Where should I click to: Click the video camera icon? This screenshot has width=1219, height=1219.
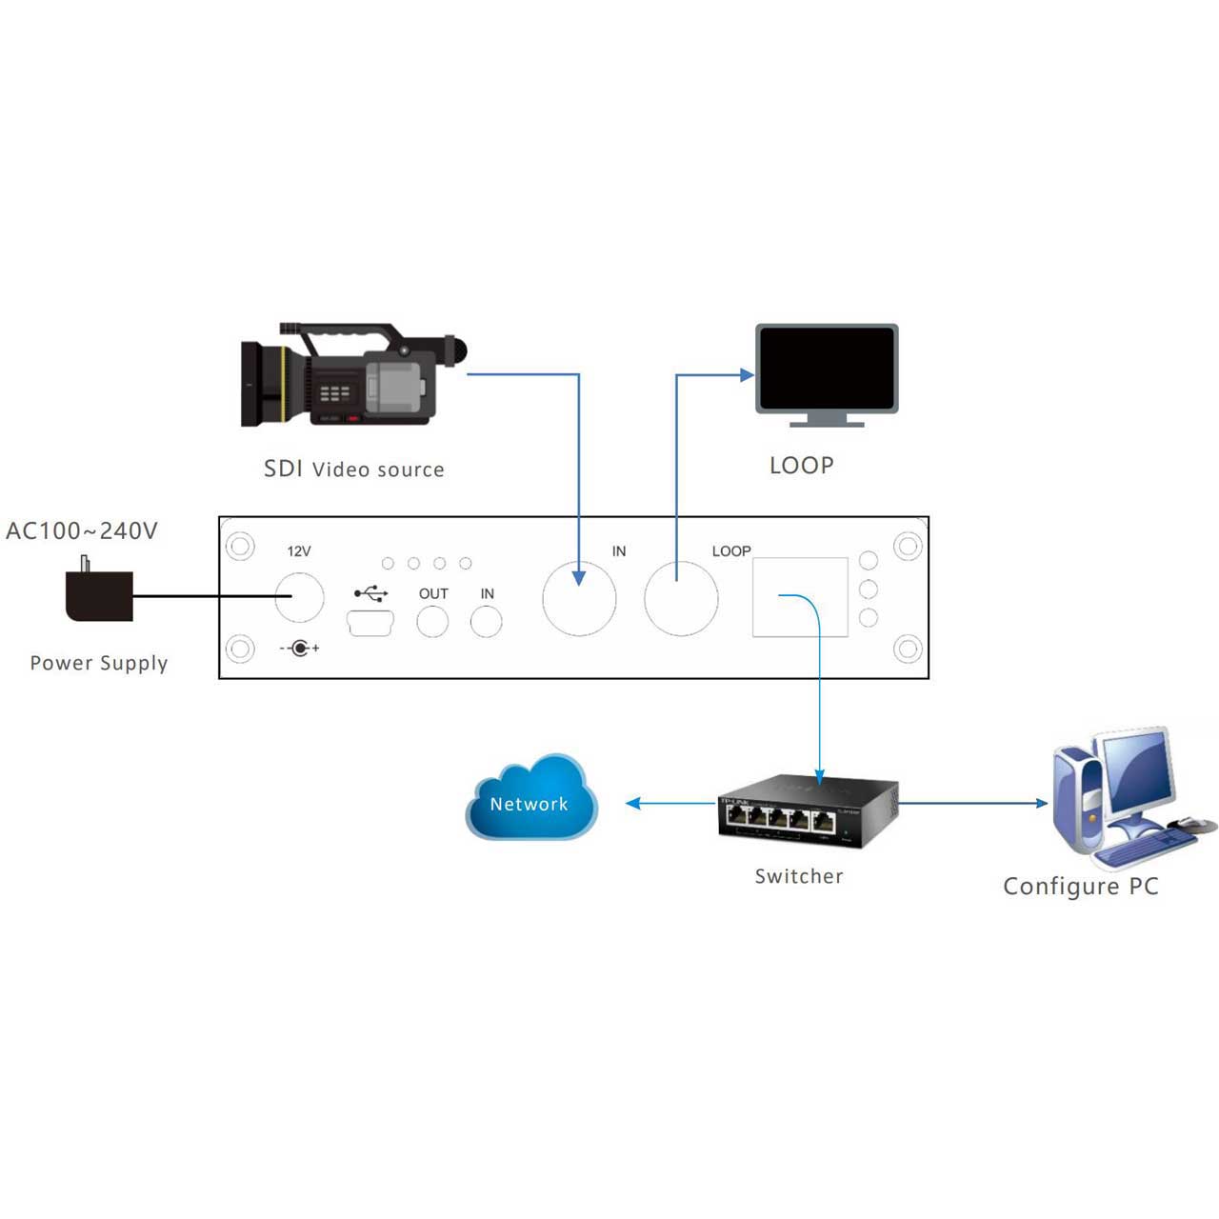tap(352, 376)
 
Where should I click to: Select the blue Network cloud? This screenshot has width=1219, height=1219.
tap(531, 800)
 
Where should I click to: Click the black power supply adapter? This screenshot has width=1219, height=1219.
tap(98, 594)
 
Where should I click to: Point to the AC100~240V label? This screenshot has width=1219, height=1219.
tap(82, 530)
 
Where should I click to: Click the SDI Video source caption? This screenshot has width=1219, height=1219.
tap(354, 470)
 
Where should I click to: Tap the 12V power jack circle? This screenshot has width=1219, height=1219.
tap(299, 597)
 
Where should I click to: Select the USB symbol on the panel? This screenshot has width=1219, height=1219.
tap(370, 593)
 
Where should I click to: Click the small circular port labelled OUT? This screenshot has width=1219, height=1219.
tap(433, 622)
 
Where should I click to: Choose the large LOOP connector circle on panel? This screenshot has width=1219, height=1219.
tap(681, 598)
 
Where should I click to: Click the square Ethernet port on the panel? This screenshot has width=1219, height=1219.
tap(800, 597)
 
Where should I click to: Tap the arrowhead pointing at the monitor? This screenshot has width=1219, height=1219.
tap(748, 375)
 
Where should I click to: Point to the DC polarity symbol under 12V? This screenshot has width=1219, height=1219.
tap(300, 649)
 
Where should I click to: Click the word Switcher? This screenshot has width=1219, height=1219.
tap(799, 876)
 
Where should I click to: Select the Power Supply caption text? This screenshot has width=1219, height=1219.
tap(99, 663)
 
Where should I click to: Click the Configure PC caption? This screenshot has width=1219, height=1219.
tap(1081, 887)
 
